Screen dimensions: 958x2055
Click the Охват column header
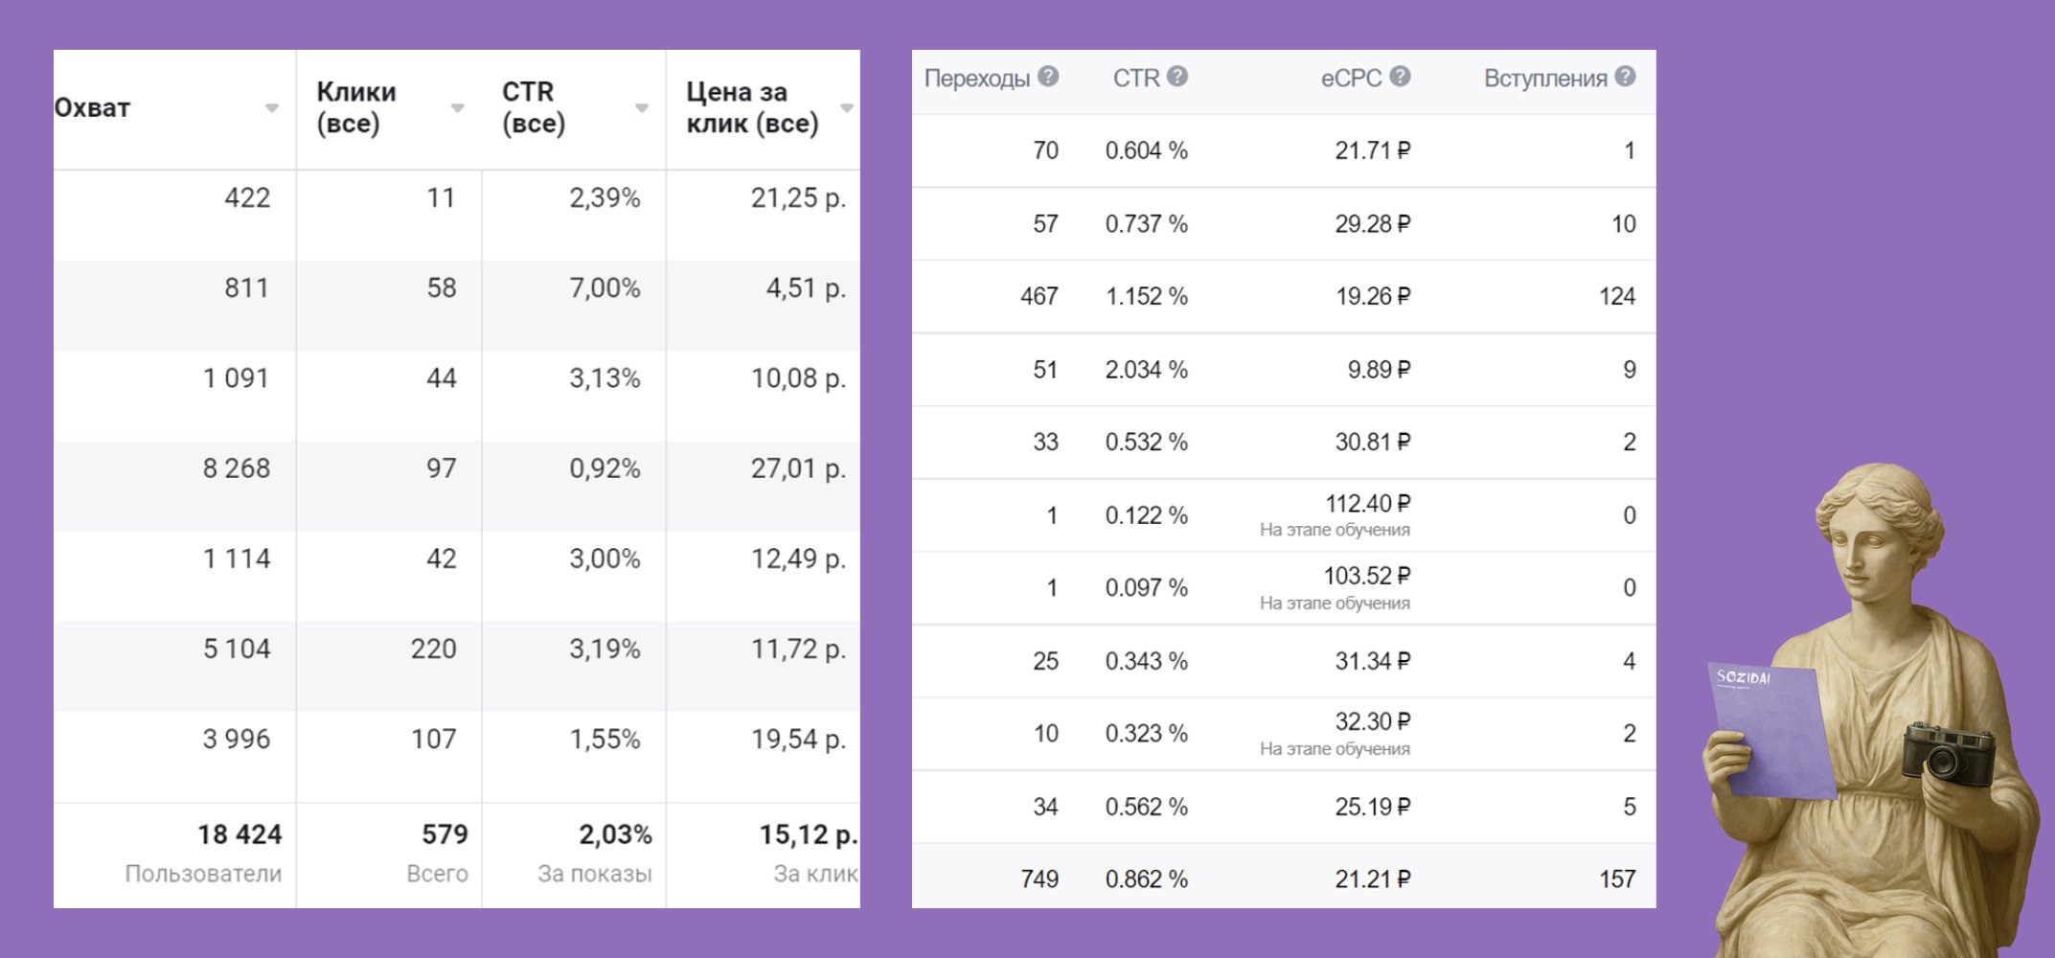click(x=92, y=107)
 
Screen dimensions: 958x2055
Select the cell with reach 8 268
click(x=236, y=468)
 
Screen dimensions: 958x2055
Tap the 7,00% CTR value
click(x=604, y=288)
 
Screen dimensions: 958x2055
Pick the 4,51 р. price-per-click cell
click(x=805, y=288)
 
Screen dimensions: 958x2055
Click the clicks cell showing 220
click(x=433, y=650)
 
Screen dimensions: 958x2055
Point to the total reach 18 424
click(x=240, y=835)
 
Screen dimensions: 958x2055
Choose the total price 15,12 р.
click(x=807, y=835)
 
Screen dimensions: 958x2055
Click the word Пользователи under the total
click(x=203, y=874)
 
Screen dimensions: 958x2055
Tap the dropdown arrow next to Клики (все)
click(x=457, y=108)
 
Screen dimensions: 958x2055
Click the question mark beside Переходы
click(x=1048, y=77)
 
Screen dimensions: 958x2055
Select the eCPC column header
click(x=1351, y=78)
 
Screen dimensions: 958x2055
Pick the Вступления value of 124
click(x=1616, y=297)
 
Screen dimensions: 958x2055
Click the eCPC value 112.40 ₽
click(x=1367, y=504)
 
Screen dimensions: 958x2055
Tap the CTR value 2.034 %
click(x=1146, y=370)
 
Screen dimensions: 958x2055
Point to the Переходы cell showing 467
click(x=1039, y=297)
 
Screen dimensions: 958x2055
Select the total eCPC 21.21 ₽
click(x=1372, y=879)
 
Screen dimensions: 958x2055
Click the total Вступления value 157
click(x=1616, y=879)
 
